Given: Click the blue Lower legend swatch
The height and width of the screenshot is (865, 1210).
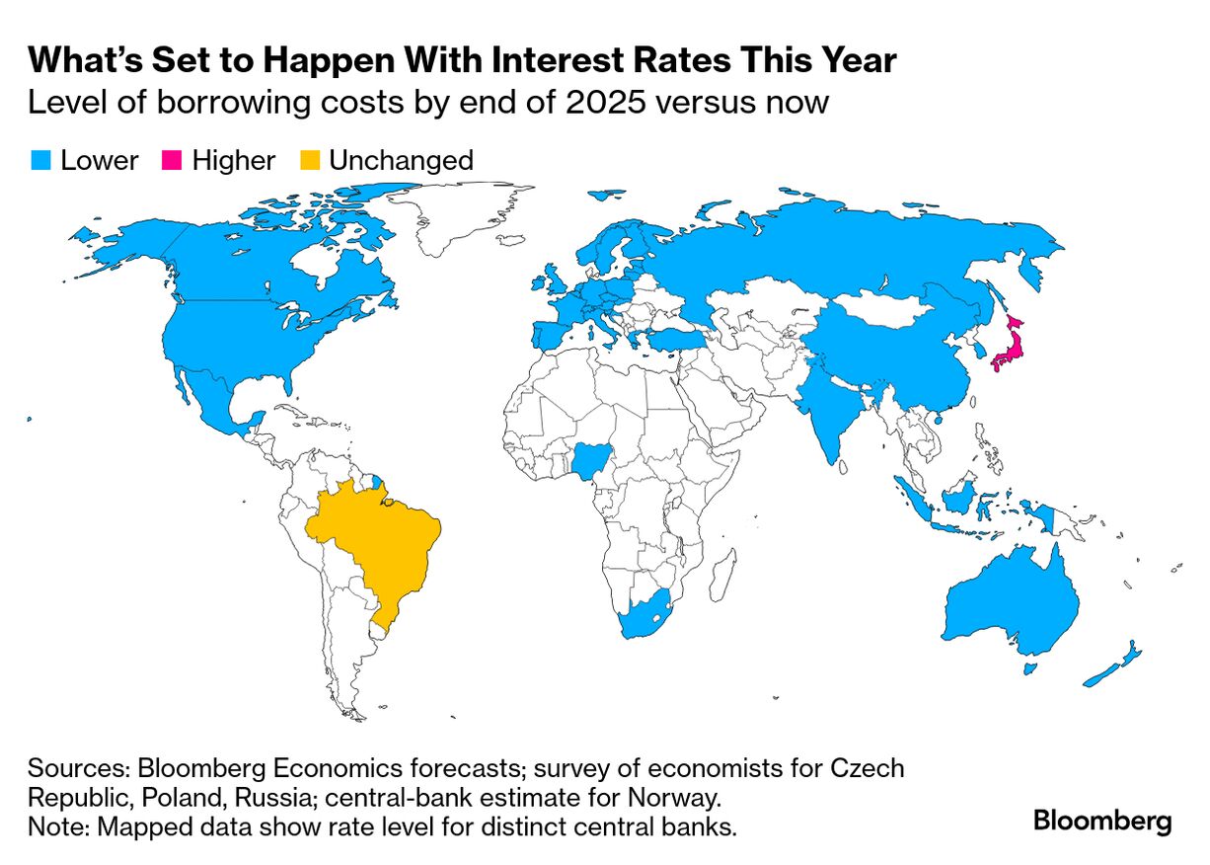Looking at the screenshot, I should point(40,160).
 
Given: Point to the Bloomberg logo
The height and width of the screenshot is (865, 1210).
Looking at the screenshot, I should point(1101,821).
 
